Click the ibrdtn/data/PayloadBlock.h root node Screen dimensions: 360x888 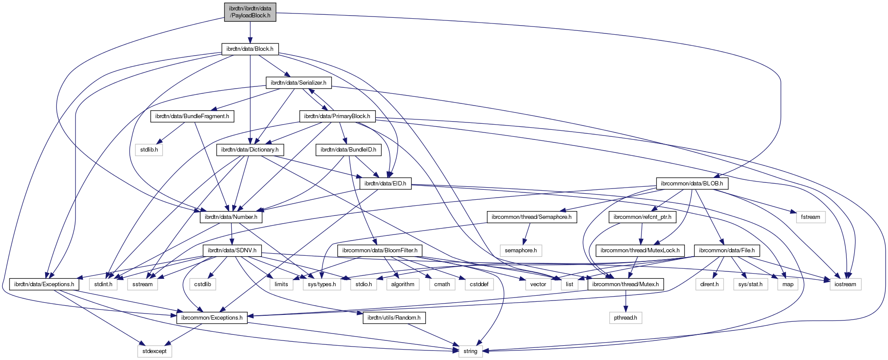[x=250, y=12]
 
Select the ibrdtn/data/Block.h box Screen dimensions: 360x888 [x=250, y=49]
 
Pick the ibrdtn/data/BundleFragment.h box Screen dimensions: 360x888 [x=192, y=116]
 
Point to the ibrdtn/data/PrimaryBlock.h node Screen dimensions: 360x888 [x=337, y=116]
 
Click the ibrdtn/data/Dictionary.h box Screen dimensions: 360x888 [x=250, y=150]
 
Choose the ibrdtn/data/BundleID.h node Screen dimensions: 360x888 [x=349, y=150]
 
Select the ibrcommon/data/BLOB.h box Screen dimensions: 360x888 [x=692, y=183]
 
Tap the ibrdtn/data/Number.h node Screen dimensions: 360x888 [x=231, y=217]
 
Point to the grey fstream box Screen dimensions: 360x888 [x=811, y=217]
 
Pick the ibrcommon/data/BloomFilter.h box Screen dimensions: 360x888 [x=380, y=251]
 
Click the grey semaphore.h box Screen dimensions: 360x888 [x=521, y=251]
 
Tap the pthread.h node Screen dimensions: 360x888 [x=625, y=318]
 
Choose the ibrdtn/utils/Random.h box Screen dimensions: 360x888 [x=394, y=318]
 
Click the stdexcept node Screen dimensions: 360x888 [x=155, y=351]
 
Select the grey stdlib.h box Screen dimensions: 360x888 [x=149, y=150]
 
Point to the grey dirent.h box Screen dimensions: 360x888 [x=710, y=284]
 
